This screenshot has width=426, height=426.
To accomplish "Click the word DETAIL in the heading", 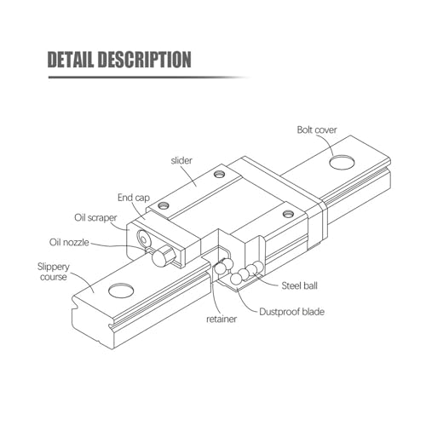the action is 70,60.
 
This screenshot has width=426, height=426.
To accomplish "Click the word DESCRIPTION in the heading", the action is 144,60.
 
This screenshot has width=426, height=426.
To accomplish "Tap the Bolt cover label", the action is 317,130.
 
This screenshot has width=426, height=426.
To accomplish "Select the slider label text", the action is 181,160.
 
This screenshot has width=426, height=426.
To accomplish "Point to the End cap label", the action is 134,198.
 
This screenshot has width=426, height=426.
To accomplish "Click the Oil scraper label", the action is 95,218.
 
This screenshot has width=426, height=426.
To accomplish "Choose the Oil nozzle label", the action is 69,242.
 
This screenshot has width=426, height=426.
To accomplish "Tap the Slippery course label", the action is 54,272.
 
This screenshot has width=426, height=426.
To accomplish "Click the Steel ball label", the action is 299,285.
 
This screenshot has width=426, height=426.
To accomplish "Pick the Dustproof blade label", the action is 291,312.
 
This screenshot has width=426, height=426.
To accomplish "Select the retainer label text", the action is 222,319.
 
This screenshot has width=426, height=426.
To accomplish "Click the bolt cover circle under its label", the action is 342,163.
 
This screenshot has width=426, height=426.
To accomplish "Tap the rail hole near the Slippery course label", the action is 121,291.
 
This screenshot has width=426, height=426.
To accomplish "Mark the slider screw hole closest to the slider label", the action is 219,174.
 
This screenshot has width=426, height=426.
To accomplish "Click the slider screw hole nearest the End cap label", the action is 164,204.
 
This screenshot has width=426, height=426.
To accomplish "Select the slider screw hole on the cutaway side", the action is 288,213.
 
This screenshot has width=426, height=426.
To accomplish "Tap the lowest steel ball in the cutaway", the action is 236,279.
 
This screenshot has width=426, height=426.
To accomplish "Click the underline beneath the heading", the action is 147,77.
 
